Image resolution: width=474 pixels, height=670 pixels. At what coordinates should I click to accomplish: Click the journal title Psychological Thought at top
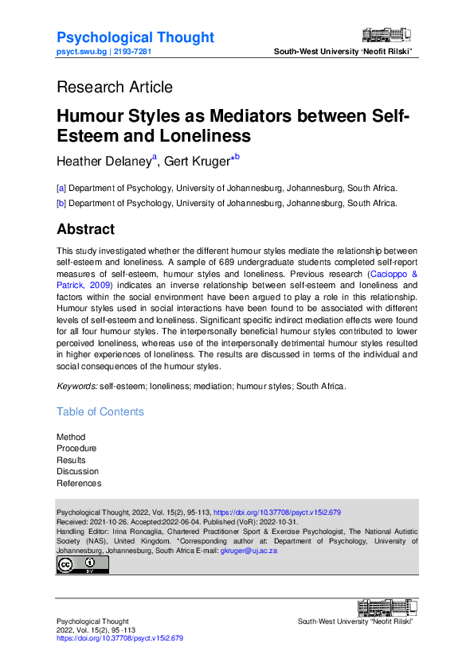click(x=135, y=37)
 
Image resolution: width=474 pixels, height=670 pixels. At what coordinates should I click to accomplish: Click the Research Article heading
click(x=115, y=87)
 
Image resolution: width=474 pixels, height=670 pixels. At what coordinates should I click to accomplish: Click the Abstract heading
click(x=86, y=229)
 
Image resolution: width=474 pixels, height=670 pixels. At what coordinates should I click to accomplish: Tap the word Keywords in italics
click(x=76, y=386)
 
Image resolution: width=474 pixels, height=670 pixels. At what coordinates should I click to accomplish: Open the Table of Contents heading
click(x=100, y=411)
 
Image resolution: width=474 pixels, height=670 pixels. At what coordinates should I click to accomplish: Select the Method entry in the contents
click(x=71, y=437)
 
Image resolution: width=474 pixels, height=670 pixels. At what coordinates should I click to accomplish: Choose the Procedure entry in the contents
click(x=76, y=448)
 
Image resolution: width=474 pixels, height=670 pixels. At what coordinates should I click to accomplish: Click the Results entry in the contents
click(x=71, y=460)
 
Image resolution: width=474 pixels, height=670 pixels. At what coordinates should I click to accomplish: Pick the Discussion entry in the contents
click(x=78, y=471)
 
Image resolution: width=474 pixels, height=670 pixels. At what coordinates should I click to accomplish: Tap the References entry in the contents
click(x=79, y=483)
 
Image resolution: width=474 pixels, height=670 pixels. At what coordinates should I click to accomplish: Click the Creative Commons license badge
click(x=82, y=565)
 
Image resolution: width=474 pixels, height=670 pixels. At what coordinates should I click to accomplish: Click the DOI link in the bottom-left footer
click(x=119, y=638)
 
